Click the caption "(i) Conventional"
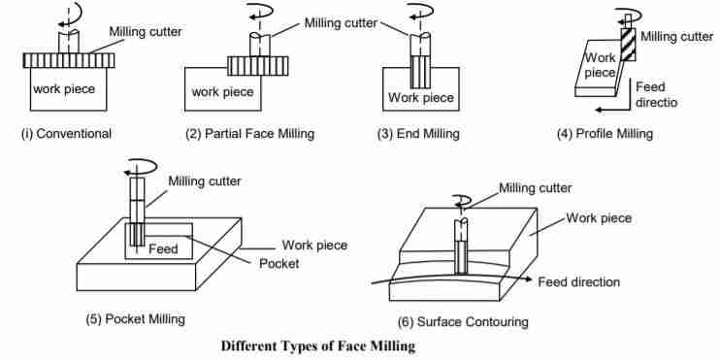point(66,134)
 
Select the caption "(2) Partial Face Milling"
point(249,134)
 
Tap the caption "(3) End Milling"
point(418,134)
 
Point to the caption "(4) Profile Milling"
point(605,134)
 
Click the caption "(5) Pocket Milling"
point(136,318)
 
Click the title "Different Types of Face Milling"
point(317,346)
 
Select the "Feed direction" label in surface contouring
point(578,282)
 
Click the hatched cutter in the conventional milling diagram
point(68,60)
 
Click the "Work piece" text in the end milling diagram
point(421,97)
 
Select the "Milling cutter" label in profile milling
point(677,37)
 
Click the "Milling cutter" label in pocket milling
point(205,180)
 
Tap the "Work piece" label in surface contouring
point(599,218)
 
